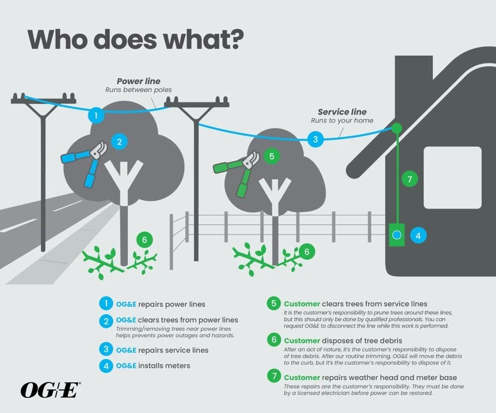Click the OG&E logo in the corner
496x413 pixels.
pyautogui.click(x=51, y=389)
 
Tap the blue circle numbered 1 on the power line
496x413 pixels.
pyautogui.click(x=96, y=115)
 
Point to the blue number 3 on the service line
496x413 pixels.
pyautogui.click(x=315, y=139)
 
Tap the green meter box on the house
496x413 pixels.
pyautogui.click(x=396, y=234)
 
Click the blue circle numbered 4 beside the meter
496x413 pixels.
pyautogui.click(x=418, y=236)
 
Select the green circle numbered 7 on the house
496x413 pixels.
pyautogui.click(x=410, y=179)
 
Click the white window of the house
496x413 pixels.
pyautogui.click(x=452, y=177)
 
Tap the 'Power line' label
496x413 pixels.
pyautogui.click(x=139, y=81)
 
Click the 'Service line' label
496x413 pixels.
pyautogui.click(x=342, y=112)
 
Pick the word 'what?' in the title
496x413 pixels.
pyautogui.click(x=203, y=40)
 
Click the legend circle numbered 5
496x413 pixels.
pyautogui.click(x=274, y=304)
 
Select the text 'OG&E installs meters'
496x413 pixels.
pyautogui.click(x=153, y=366)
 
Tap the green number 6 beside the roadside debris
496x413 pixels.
pyautogui.click(x=144, y=240)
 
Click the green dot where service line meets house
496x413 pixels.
pyautogui.click(x=396, y=128)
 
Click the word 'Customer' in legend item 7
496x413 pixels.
pyautogui.click(x=302, y=377)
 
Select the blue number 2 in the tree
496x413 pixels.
pyautogui.click(x=119, y=142)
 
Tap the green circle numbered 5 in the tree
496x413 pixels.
pyautogui.click(x=272, y=156)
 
